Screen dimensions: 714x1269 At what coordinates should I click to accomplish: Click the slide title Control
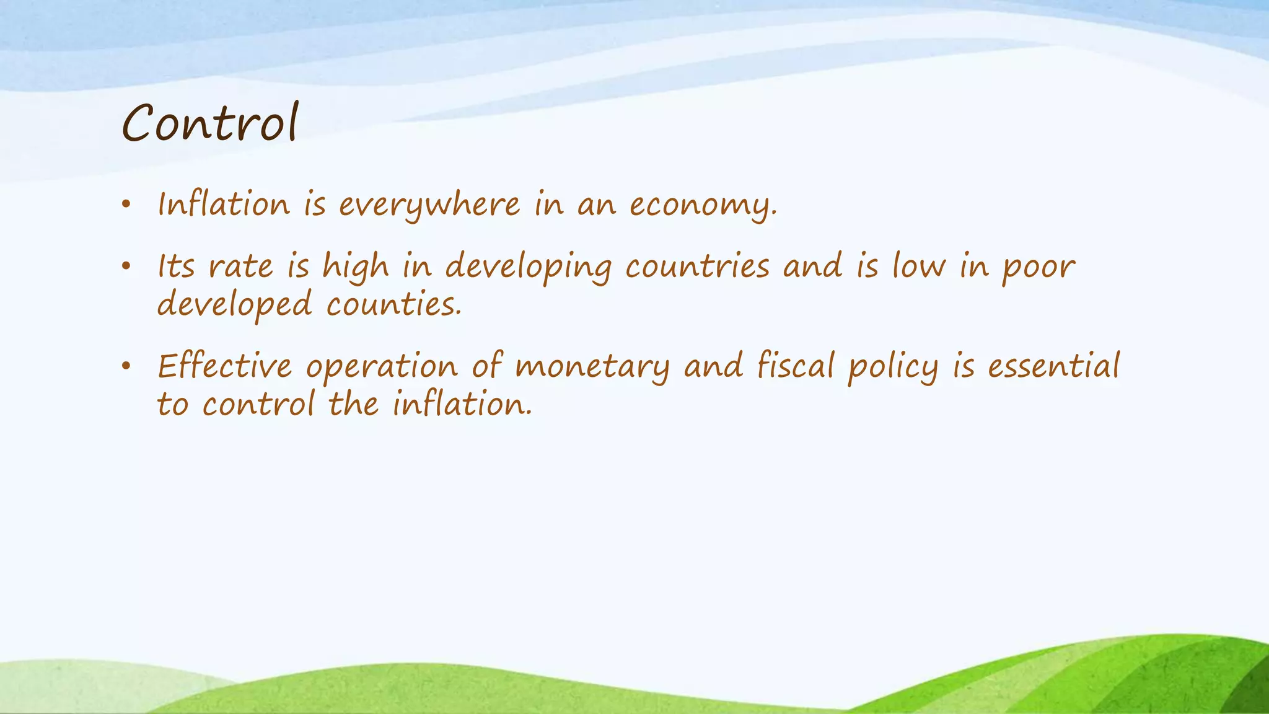[210, 123]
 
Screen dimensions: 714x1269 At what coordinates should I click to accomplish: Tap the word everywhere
[429, 205]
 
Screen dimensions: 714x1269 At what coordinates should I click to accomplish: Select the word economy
[703, 205]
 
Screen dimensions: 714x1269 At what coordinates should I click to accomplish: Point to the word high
[356, 268]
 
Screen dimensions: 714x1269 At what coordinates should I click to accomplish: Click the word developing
[528, 268]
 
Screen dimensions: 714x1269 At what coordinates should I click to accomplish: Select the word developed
[234, 306]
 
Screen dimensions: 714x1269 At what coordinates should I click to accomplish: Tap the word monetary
[592, 366]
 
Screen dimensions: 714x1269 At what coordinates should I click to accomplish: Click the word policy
[893, 366]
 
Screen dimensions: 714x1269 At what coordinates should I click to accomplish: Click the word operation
[381, 367]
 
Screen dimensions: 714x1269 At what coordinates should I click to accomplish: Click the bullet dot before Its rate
[126, 267]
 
